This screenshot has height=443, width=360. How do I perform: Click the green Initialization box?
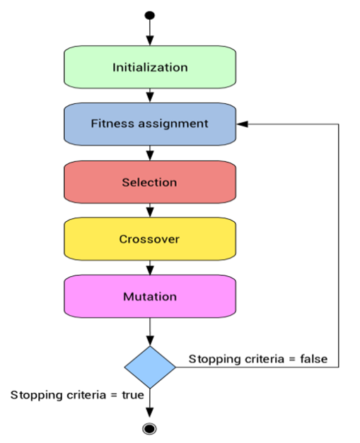[x=149, y=68]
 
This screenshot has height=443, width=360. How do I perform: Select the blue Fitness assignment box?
[x=149, y=124]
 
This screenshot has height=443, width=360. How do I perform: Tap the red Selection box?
[x=149, y=182]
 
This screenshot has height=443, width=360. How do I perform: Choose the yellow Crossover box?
[x=149, y=239]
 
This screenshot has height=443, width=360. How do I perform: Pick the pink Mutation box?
[x=149, y=296]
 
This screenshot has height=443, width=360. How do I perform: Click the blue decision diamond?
[x=149, y=367]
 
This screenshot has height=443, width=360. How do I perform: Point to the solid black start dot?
[x=149, y=15]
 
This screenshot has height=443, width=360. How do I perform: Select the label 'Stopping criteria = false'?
[x=257, y=359]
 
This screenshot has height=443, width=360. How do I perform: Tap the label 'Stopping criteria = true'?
[x=77, y=394]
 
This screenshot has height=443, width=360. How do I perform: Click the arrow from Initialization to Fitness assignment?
[x=149, y=95]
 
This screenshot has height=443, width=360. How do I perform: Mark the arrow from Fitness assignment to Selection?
[x=149, y=152]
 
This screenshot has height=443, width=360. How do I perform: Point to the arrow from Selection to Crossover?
[x=149, y=210]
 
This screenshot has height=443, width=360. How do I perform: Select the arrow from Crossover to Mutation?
[x=149, y=268]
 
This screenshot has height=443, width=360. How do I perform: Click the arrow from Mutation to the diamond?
[x=149, y=331]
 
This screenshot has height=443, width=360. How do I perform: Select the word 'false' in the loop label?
[x=314, y=359]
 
